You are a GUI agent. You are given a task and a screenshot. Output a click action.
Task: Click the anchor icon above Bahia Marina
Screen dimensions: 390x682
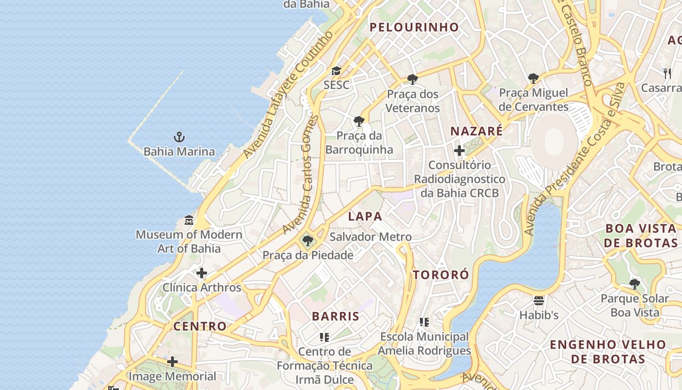[179, 136]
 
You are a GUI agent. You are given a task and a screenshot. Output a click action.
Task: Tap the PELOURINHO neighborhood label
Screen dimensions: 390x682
[414, 27]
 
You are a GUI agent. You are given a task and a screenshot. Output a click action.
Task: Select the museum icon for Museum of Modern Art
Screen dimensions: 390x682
[189, 220]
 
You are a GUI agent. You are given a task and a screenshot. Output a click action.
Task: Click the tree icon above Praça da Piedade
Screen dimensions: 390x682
[307, 240]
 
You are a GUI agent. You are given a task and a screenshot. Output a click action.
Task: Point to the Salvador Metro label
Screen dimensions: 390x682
[370, 237]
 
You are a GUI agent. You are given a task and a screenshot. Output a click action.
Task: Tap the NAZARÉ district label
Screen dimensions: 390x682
[476, 131]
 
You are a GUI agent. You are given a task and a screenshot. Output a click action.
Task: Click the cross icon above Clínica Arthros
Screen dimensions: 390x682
[201, 273]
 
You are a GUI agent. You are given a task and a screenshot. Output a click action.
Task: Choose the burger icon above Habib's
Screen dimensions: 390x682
[538, 300]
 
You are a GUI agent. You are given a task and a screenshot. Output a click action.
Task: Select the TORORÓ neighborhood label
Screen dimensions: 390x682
[441, 274]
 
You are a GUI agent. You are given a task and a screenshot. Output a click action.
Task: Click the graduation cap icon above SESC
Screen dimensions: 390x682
[336, 71]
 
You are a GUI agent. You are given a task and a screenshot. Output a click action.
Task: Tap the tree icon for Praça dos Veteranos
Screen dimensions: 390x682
[413, 79]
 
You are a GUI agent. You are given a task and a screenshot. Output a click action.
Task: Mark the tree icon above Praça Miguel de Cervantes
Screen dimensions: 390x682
[533, 78]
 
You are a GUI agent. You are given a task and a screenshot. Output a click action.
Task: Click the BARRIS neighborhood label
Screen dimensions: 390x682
[336, 316]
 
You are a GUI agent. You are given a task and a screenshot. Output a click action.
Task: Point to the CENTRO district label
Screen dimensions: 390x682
[200, 326]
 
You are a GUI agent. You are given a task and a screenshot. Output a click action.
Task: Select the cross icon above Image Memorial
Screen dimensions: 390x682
[172, 362]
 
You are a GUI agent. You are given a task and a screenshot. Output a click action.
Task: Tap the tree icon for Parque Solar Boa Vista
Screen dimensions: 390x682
[634, 284]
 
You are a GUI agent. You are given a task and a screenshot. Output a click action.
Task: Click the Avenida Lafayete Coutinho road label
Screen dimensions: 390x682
[288, 95]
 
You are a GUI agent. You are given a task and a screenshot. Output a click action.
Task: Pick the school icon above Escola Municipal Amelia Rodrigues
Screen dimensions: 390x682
[424, 322]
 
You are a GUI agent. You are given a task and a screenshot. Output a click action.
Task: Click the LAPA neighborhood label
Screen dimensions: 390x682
[365, 216]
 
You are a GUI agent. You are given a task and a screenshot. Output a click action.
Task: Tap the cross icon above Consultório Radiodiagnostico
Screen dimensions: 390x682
[459, 151]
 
